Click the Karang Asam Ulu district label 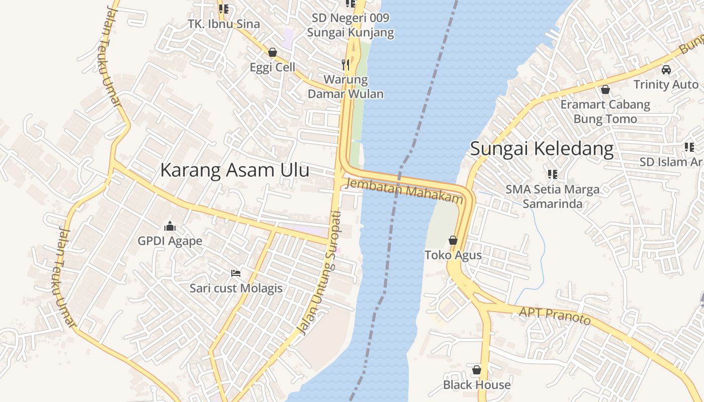coord(234,170)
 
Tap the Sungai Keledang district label coord(542,149)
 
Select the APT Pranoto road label coord(555,316)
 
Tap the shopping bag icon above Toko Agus coord(453,240)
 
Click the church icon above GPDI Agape coord(170,226)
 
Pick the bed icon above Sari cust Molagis coord(236,273)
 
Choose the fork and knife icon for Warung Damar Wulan coord(345,64)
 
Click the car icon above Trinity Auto coord(666,69)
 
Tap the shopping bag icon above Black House coord(477,370)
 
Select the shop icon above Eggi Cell coord(273,52)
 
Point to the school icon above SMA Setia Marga coord(553,174)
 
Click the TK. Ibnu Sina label coord(224,24)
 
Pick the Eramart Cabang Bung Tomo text coord(605,112)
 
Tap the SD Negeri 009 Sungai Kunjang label coord(350,26)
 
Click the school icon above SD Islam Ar coord(689,147)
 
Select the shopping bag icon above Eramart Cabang coord(605,89)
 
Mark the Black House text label coord(477,385)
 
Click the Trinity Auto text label coord(666,84)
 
